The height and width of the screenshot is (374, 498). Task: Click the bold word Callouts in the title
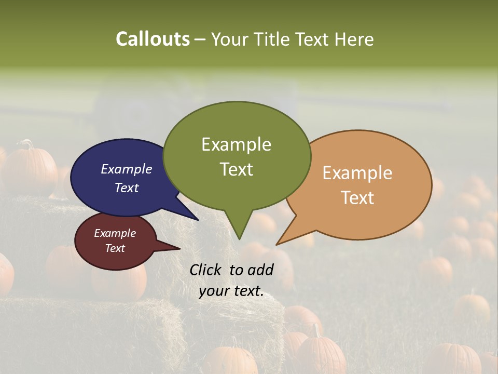pyautogui.click(x=153, y=39)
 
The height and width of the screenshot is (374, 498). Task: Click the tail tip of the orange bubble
pyautogui.click(x=277, y=244)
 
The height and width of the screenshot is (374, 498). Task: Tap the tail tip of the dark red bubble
pyautogui.click(x=179, y=249)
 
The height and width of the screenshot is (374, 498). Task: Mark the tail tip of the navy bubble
pyautogui.click(x=198, y=220)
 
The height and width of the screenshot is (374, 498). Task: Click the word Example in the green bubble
pyautogui.click(x=236, y=144)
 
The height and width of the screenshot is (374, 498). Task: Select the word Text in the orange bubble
pyautogui.click(x=357, y=198)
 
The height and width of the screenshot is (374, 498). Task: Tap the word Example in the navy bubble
pyautogui.click(x=127, y=169)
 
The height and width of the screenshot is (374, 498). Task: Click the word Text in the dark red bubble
pyautogui.click(x=115, y=248)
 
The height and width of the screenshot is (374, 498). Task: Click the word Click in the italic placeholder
pyautogui.click(x=206, y=270)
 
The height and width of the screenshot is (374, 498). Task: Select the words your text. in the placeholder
pyautogui.click(x=231, y=291)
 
